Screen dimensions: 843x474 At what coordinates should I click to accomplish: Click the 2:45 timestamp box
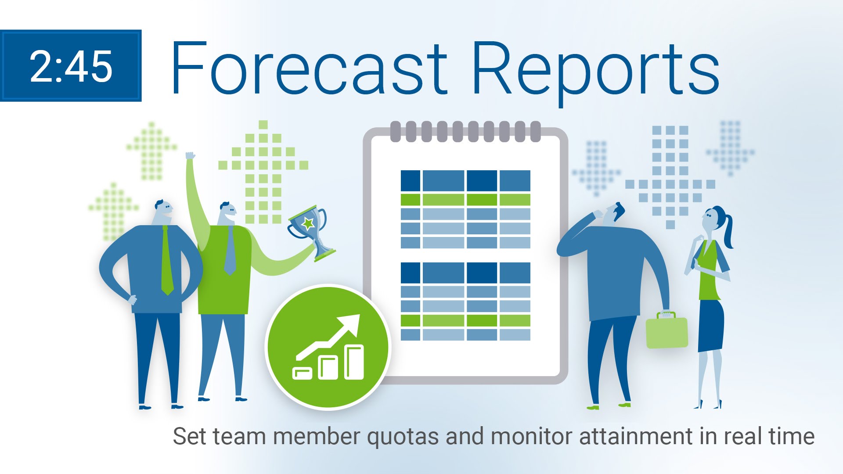[x=71, y=66]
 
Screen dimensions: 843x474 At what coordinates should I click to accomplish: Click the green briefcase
[x=666, y=330]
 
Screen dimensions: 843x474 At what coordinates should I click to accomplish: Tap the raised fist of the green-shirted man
[x=190, y=156]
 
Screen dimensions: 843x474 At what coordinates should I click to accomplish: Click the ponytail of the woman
[x=727, y=230]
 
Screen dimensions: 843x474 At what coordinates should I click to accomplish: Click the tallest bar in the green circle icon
[x=354, y=362]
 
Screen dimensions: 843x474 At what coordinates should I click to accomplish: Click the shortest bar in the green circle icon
[x=302, y=373]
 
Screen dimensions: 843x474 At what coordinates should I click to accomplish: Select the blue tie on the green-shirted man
[x=230, y=251]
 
